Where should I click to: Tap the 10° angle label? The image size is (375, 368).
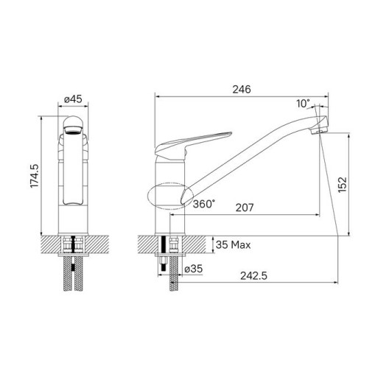(304, 104)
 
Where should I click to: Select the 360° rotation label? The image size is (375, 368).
(204, 205)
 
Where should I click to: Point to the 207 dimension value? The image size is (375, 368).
(245, 208)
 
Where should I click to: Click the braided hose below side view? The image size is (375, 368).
(175, 283)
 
